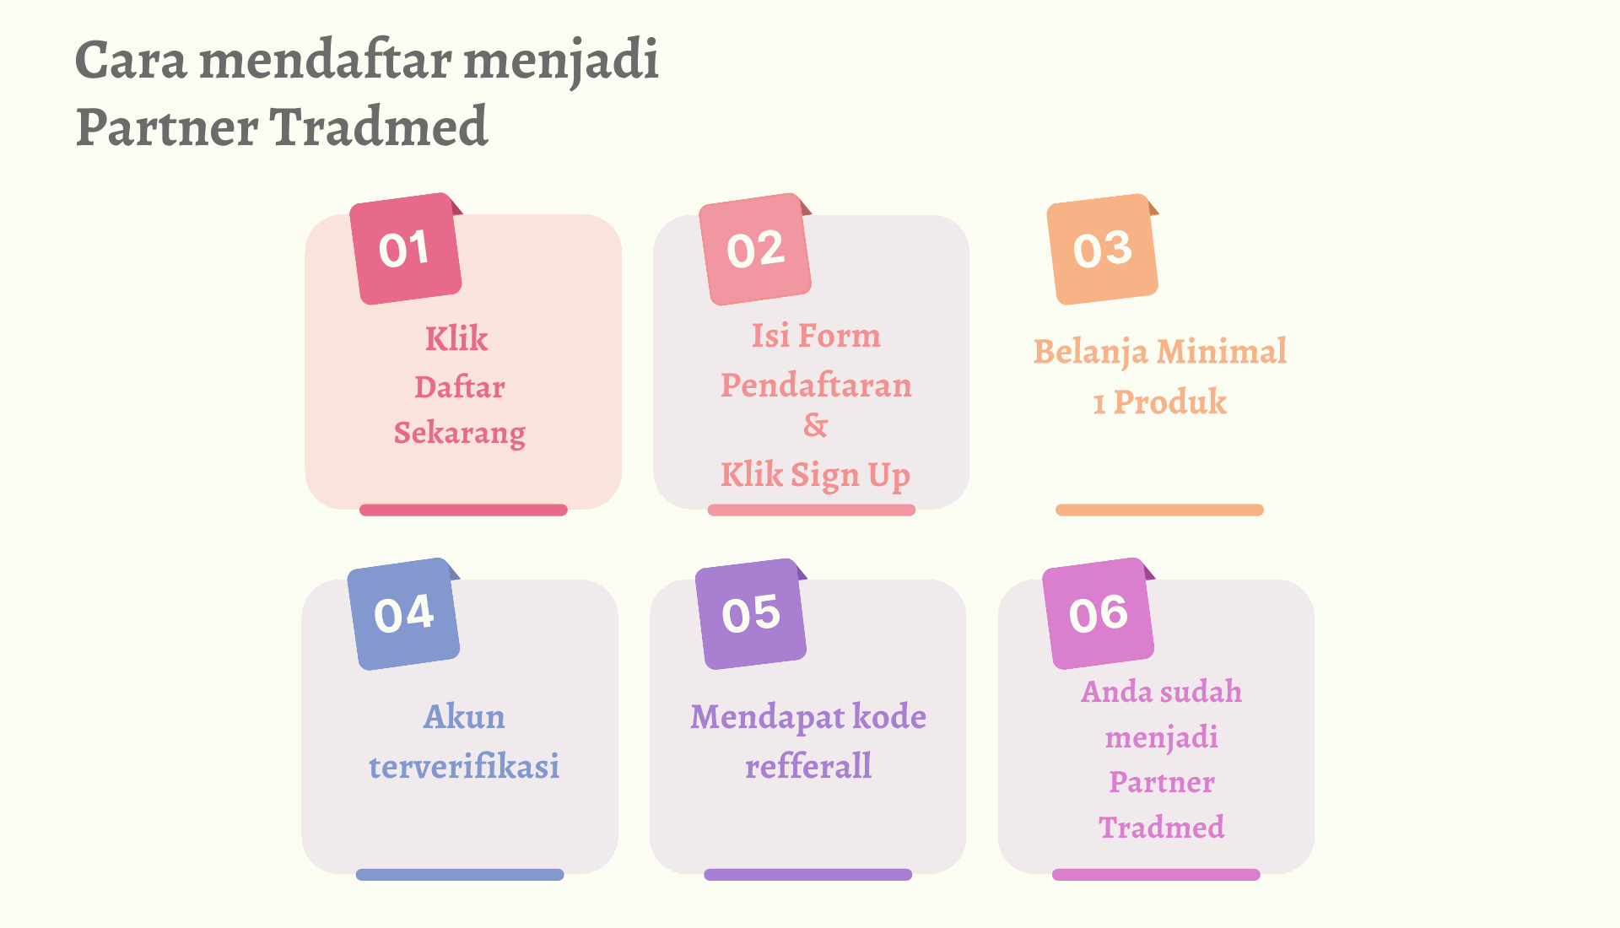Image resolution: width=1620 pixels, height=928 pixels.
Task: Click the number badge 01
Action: [x=406, y=249]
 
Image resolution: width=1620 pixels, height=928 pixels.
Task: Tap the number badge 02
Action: [x=756, y=249]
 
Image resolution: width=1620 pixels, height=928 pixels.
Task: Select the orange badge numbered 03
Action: [x=1103, y=249]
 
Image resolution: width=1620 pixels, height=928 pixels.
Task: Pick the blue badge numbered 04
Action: [x=404, y=614]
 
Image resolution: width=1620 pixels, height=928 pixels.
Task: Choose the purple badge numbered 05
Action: [x=751, y=614]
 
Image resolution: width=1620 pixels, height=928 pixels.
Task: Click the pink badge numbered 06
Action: [x=1099, y=613]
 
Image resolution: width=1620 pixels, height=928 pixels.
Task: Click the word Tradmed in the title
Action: [x=379, y=127]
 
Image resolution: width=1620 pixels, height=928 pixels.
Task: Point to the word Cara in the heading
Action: [x=131, y=61]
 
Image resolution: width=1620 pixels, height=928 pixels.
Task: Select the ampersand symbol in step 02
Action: [x=815, y=425]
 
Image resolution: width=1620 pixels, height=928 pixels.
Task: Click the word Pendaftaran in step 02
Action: [x=816, y=385]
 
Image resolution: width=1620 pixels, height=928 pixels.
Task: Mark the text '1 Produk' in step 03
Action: [x=1159, y=402]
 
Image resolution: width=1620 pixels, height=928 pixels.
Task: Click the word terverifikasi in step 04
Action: [x=464, y=766]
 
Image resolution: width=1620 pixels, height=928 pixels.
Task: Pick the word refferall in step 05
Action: [x=808, y=766]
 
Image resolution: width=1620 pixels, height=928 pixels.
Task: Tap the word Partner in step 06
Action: [x=1162, y=782]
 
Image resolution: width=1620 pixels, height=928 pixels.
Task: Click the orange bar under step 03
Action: [x=1159, y=510]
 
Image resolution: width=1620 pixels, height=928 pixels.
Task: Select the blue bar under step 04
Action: [x=460, y=875]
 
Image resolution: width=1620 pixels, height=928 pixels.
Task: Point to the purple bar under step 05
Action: [x=808, y=875]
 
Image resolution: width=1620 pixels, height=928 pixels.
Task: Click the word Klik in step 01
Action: [x=456, y=338]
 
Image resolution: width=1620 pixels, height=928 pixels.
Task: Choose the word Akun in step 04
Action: [x=464, y=717]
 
